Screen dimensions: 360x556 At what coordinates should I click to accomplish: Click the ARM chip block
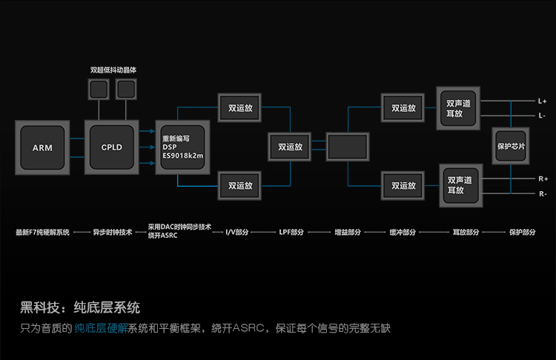42,147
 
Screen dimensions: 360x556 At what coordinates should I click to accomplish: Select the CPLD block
112,147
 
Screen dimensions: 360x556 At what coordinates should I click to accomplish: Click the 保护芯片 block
511,147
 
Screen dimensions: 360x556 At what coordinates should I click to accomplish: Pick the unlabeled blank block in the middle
347,147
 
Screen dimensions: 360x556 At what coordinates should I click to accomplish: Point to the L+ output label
542,101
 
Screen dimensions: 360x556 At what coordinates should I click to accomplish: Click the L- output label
542,116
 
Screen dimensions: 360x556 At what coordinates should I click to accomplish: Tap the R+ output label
543,179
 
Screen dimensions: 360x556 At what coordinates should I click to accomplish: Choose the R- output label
543,194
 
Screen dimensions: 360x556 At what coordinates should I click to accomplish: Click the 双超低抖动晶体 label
113,70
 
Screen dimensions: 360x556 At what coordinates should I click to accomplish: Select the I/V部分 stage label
238,232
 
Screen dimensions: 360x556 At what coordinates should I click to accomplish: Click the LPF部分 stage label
291,232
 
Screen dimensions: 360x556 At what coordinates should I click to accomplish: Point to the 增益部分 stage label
348,232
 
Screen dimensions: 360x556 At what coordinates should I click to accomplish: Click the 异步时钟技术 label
113,232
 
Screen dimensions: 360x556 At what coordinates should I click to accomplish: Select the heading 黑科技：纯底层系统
80,307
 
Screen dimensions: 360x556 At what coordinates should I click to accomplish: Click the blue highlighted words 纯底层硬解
101,327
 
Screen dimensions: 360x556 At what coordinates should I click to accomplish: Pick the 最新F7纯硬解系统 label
42,232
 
